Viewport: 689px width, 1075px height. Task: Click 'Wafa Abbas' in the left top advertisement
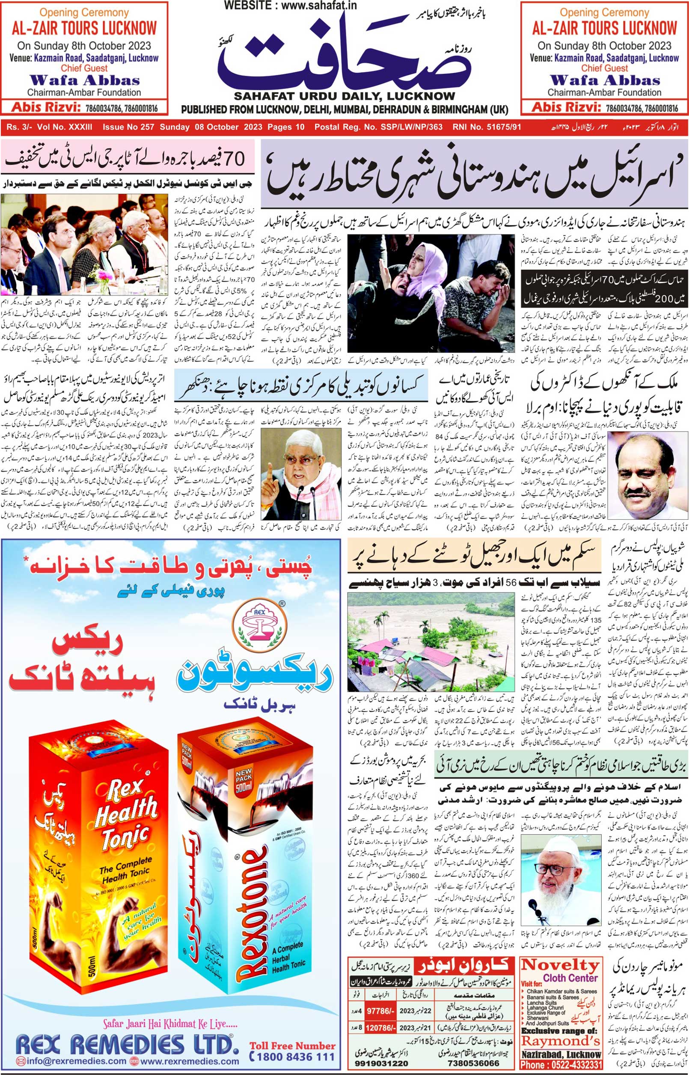click(x=85, y=80)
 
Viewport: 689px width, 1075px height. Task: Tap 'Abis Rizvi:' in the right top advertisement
click(x=566, y=107)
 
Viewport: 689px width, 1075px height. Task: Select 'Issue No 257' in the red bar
click(x=128, y=127)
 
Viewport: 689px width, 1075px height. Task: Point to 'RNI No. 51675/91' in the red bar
click(x=487, y=127)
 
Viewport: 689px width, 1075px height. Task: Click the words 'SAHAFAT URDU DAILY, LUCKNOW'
click(x=344, y=96)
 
